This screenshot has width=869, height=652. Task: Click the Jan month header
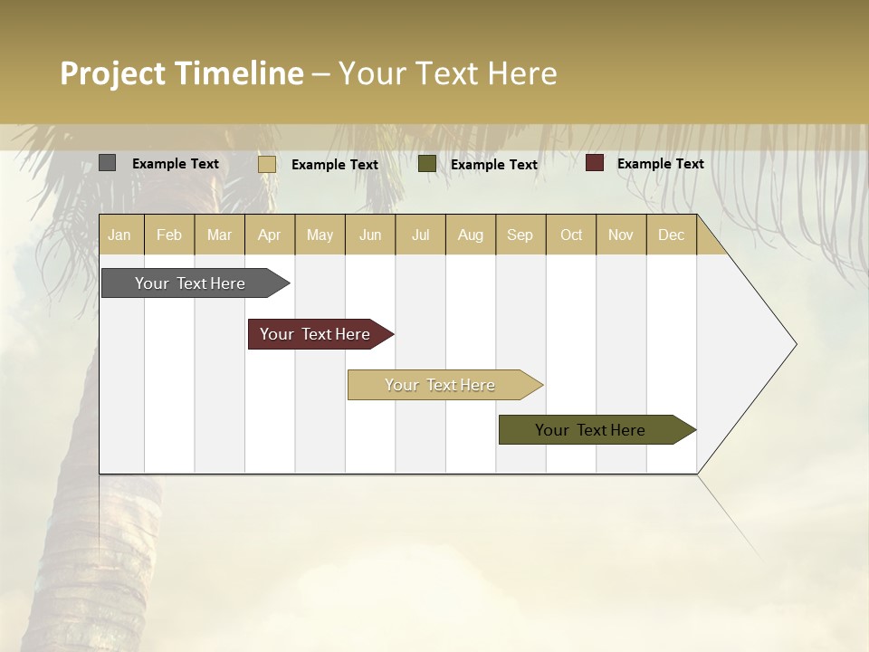tap(120, 235)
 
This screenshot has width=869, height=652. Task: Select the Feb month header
tap(169, 235)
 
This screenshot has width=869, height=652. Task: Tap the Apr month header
tap(270, 235)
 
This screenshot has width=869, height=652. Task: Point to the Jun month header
tap(370, 235)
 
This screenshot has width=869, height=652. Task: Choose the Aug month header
tap(471, 235)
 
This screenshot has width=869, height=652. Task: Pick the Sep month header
tap(520, 235)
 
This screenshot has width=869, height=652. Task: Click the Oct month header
tap(571, 235)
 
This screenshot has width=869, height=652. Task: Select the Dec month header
tap(672, 235)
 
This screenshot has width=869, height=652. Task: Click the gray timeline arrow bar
tap(191, 283)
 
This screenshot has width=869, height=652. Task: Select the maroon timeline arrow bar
tap(316, 334)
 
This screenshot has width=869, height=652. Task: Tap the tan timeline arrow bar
tap(441, 385)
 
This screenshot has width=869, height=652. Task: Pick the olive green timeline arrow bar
tap(591, 430)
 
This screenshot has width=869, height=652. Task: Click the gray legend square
tap(108, 163)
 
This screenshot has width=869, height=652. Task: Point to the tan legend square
tap(267, 164)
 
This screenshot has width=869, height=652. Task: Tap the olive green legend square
tap(427, 164)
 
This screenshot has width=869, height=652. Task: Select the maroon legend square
tap(595, 163)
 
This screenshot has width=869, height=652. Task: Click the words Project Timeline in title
tap(182, 73)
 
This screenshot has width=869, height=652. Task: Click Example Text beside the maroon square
tap(661, 164)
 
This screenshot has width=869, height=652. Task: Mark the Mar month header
tap(220, 235)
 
